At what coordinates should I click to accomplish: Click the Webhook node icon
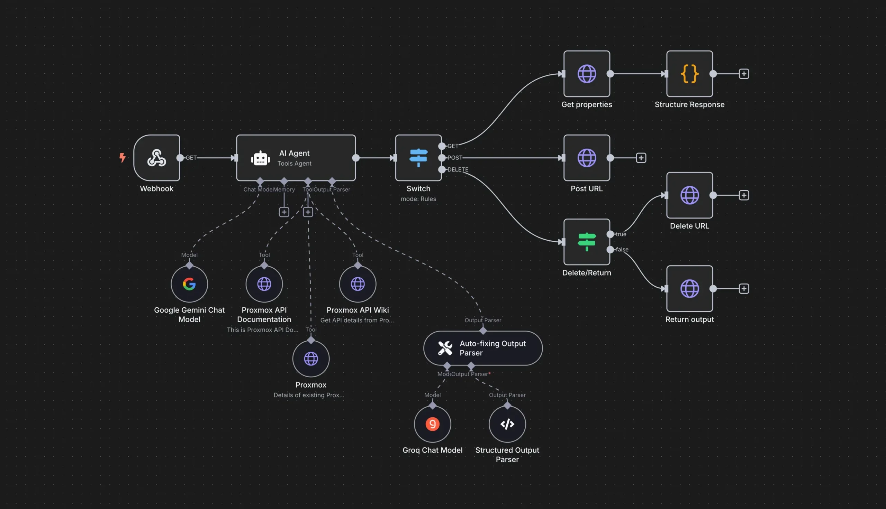pyautogui.click(x=156, y=158)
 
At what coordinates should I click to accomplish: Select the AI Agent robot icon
pyautogui.click(x=260, y=158)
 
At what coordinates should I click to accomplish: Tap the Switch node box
pyautogui.click(x=418, y=158)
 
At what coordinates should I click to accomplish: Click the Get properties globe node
pyautogui.click(x=587, y=74)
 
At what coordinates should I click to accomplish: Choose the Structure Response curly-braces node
pyautogui.click(x=689, y=74)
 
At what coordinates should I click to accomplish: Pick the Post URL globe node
pyautogui.click(x=587, y=158)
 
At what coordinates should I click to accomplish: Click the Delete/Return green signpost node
pyautogui.click(x=587, y=242)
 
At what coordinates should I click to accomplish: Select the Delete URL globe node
pyautogui.click(x=689, y=195)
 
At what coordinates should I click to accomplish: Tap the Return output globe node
pyautogui.click(x=689, y=288)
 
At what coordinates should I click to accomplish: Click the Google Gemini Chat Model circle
pyautogui.click(x=189, y=284)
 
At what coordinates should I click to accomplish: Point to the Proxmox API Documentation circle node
pyautogui.click(x=264, y=284)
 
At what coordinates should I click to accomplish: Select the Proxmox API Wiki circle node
pyautogui.click(x=358, y=284)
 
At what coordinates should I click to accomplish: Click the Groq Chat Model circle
pyautogui.click(x=432, y=424)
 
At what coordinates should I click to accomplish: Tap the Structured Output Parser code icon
pyautogui.click(x=507, y=424)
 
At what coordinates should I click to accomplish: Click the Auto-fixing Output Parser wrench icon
pyautogui.click(x=445, y=348)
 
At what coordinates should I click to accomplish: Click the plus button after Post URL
pyautogui.click(x=641, y=158)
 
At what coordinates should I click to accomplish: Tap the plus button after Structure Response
pyautogui.click(x=744, y=74)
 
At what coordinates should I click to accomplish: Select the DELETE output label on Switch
pyautogui.click(x=458, y=169)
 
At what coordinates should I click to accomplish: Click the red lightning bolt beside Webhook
pyautogui.click(x=122, y=158)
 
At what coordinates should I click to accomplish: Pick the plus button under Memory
pyautogui.click(x=284, y=212)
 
